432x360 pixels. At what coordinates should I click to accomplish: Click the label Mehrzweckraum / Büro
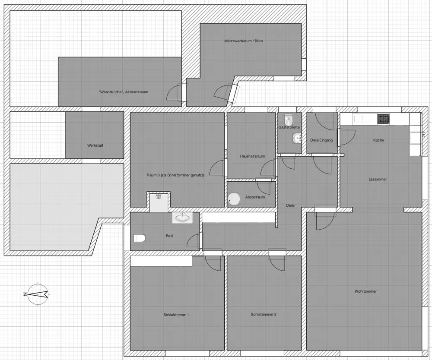(243, 41)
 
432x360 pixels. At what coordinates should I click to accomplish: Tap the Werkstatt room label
(95, 145)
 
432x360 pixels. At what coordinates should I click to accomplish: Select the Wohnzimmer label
(365, 291)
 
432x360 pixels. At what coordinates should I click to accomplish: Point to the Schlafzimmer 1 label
(176, 315)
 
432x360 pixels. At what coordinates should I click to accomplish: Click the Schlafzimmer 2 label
(264, 314)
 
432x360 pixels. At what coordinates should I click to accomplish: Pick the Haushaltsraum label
(252, 156)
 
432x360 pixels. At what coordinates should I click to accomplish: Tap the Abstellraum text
(255, 197)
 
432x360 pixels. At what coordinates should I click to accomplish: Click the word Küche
(378, 140)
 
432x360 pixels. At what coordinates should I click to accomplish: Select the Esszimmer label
(378, 179)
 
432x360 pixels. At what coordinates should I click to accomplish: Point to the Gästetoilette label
(289, 127)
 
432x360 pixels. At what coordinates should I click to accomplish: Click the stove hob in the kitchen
(383, 119)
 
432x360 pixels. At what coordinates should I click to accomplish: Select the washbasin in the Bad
(182, 218)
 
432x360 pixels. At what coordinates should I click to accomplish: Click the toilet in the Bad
(140, 238)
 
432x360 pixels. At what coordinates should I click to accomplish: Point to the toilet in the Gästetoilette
(289, 118)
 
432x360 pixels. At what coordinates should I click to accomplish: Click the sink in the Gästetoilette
(297, 138)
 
